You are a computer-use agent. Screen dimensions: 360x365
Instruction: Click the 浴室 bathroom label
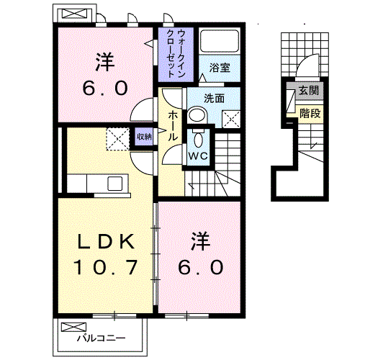[x=220, y=68]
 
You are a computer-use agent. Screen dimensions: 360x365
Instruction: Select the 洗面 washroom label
[x=213, y=97]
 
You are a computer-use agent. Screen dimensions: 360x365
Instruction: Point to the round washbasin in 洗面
[x=197, y=115]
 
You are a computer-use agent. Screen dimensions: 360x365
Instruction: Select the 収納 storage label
[x=144, y=135]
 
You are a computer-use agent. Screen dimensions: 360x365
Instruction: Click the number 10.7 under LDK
[x=105, y=267]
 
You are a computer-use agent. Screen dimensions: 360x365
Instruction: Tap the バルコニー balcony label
[x=102, y=338]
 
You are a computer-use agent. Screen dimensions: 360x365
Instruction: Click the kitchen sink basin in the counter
[x=116, y=183]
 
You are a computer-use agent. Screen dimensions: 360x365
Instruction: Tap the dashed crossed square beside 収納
[x=117, y=137]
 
